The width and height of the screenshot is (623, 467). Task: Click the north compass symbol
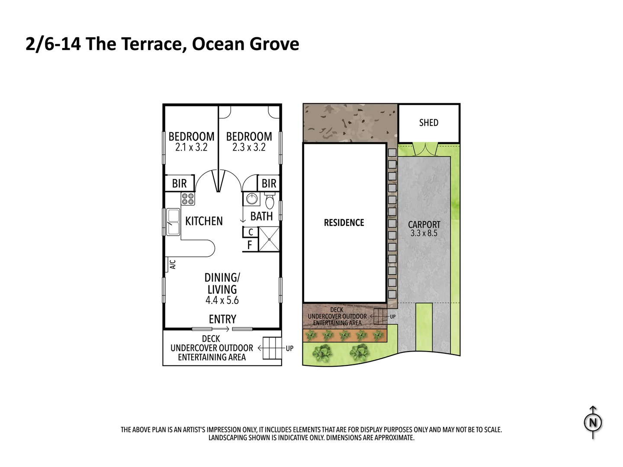593,422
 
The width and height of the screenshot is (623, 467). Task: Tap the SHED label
428,123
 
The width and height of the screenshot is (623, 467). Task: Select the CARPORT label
424,224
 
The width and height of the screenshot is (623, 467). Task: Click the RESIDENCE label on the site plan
344,223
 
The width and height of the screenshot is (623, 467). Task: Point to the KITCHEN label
204,221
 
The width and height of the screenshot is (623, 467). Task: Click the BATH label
261,216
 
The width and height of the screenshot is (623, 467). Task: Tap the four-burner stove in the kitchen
188,199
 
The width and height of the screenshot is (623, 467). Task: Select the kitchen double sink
173,222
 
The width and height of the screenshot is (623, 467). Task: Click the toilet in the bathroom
269,202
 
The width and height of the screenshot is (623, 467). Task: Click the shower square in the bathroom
269,239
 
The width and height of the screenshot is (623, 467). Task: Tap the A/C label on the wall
172,264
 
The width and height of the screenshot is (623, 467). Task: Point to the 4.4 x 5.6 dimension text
222,300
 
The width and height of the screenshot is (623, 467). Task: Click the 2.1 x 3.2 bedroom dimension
191,147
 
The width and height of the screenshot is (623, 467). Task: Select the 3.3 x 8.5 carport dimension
424,233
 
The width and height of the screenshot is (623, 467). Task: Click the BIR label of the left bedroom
179,183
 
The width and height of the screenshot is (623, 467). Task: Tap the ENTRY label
222,319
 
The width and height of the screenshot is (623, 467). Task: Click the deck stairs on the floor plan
272,348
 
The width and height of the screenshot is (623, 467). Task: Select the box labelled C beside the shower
250,233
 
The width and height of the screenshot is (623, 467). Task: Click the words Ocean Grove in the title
245,44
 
